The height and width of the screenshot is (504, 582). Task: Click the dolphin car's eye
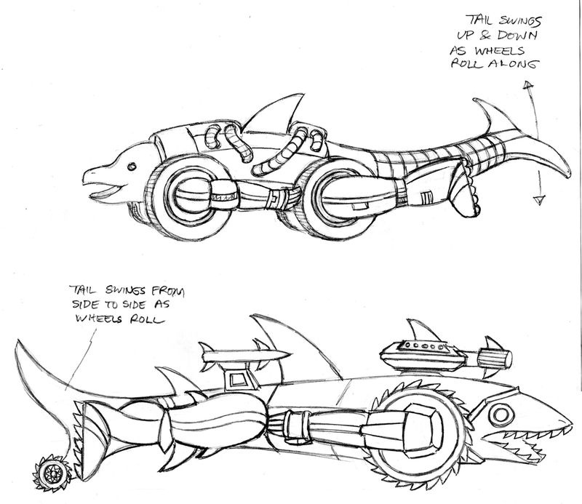pyautogui.click(x=132, y=167)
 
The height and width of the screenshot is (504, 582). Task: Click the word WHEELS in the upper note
pyautogui.click(x=500, y=50)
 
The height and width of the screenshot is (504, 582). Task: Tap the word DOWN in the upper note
pyautogui.click(x=517, y=35)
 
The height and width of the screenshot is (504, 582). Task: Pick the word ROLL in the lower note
pyautogui.click(x=146, y=319)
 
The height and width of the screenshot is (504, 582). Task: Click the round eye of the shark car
pyautogui.click(x=501, y=415)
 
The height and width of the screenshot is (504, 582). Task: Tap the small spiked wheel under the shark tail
pyautogui.click(x=52, y=473)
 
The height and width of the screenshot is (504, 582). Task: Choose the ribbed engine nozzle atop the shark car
pyautogui.click(x=495, y=359)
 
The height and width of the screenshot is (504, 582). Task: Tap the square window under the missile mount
pyautogui.click(x=236, y=380)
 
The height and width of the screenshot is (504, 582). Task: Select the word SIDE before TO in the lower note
pyautogui.click(x=85, y=305)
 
